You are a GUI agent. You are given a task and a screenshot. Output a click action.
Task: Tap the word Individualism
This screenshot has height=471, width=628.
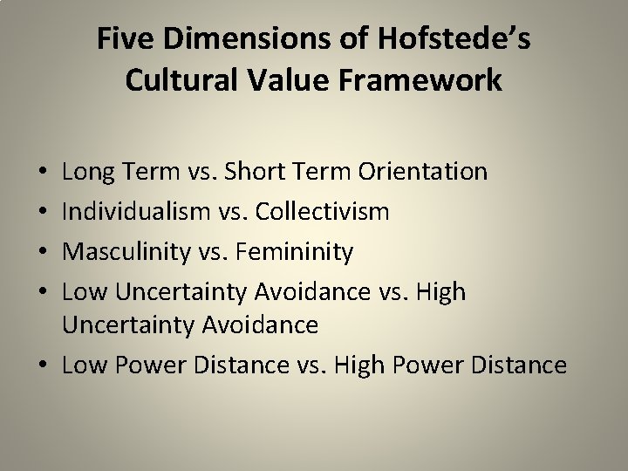132,212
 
